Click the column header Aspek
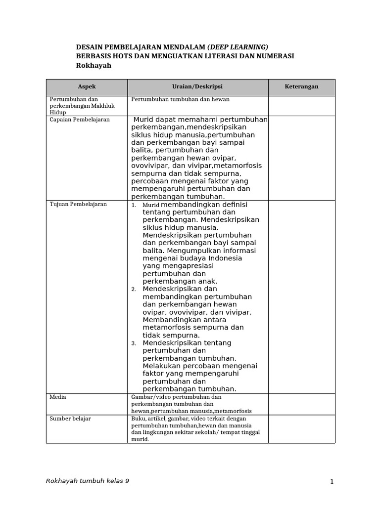click(x=87, y=86)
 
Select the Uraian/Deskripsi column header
click(x=197, y=86)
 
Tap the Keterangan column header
click(x=301, y=86)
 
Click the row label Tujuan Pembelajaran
click(x=78, y=204)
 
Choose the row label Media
click(x=58, y=397)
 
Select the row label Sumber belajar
click(x=70, y=419)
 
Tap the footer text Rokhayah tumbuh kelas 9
click(x=88, y=481)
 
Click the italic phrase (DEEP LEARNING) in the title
click(x=234, y=46)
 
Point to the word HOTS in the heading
click(x=118, y=56)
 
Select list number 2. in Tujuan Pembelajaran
click(x=134, y=289)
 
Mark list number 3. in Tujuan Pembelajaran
click(x=134, y=343)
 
